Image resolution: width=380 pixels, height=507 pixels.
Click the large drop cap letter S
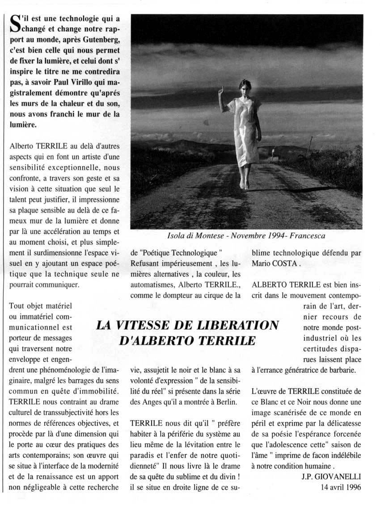click(15, 23)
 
